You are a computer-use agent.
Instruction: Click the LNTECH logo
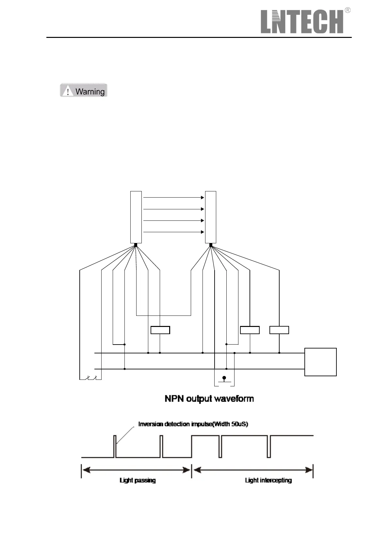click(302, 22)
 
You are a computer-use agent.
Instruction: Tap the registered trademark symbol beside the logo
click(348, 10)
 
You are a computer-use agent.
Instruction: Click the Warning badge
click(84, 90)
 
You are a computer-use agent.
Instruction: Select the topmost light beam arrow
click(173, 198)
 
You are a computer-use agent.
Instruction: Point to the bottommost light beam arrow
click(173, 232)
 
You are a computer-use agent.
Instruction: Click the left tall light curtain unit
click(136, 217)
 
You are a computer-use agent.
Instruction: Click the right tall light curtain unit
click(211, 217)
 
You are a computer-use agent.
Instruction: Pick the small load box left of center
click(160, 330)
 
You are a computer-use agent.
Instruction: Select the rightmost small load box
click(279, 330)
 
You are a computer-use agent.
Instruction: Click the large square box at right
click(320, 362)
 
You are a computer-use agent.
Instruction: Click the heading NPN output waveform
click(209, 399)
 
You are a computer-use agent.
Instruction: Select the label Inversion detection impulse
click(193, 424)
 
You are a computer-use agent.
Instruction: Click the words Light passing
click(138, 480)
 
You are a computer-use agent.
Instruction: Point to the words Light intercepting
click(268, 480)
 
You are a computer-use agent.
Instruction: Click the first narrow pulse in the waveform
click(115, 446)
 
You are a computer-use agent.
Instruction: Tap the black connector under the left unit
click(136, 245)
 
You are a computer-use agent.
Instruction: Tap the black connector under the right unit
click(211, 245)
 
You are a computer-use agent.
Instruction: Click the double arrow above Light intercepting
click(253, 470)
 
